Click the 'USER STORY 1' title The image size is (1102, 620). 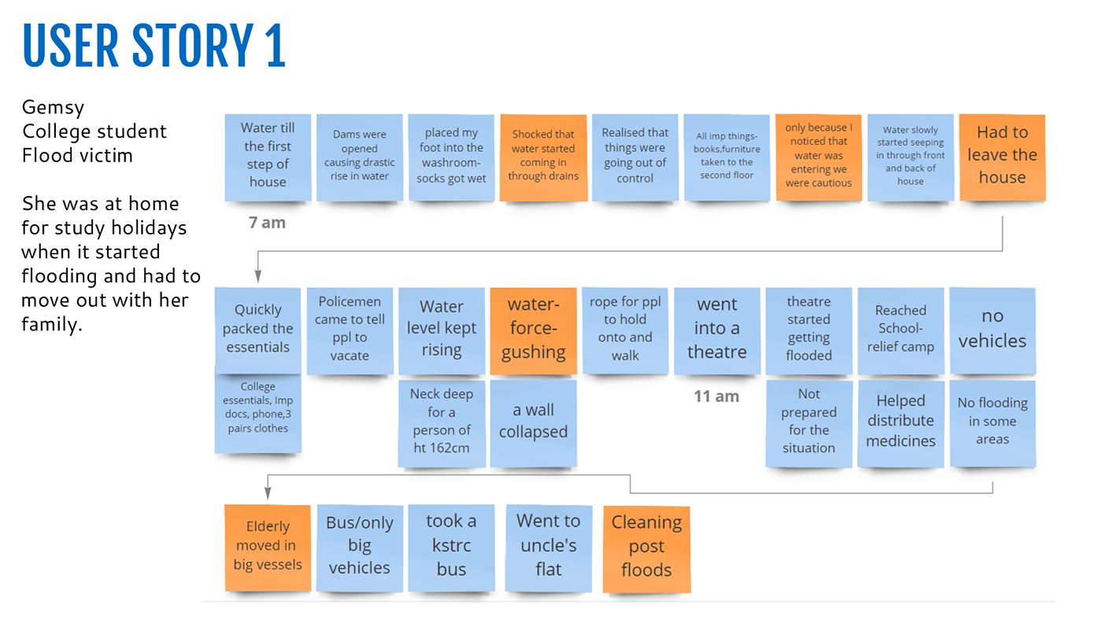(x=154, y=46)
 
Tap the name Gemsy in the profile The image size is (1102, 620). (x=53, y=107)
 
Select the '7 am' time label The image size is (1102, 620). (x=267, y=223)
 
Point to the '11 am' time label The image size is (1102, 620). (x=716, y=397)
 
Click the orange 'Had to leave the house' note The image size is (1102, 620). (x=1002, y=156)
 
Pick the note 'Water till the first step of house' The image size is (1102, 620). (x=268, y=156)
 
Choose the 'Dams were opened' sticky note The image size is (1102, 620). (x=359, y=156)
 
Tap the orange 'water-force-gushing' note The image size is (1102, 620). (x=534, y=329)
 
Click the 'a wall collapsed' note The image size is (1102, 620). (x=534, y=422)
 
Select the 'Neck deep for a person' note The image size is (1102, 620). (x=442, y=422)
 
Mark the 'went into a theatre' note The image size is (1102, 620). (x=717, y=329)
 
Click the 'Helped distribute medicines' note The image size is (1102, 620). (x=900, y=422)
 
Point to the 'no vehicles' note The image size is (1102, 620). (x=993, y=329)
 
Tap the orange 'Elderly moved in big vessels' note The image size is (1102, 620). (x=268, y=546)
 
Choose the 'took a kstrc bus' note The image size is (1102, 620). (x=451, y=546)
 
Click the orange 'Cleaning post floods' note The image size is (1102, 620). (x=646, y=548)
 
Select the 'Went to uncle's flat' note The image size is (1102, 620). (x=548, y=546)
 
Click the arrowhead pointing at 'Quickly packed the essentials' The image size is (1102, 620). (x=257, y=277)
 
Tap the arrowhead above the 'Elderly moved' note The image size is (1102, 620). (x=268, y=493)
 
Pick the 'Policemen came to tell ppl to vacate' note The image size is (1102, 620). (x=349, y=329)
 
